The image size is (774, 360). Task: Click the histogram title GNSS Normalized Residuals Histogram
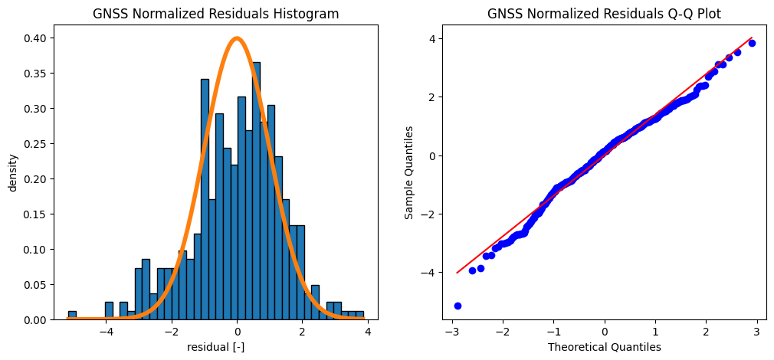(215, 14)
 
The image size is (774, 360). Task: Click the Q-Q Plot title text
(604, 14)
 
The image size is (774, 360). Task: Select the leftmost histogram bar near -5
(72, 315)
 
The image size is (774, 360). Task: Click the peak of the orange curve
(237, 38)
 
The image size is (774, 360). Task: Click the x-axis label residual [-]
(215, 347)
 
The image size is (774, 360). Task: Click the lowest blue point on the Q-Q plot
(458, 306)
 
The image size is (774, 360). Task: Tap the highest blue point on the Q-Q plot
(752, 43)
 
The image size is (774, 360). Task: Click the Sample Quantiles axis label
(410, 173)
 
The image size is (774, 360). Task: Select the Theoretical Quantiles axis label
(604, 347)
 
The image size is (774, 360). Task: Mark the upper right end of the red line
(752, 38)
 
